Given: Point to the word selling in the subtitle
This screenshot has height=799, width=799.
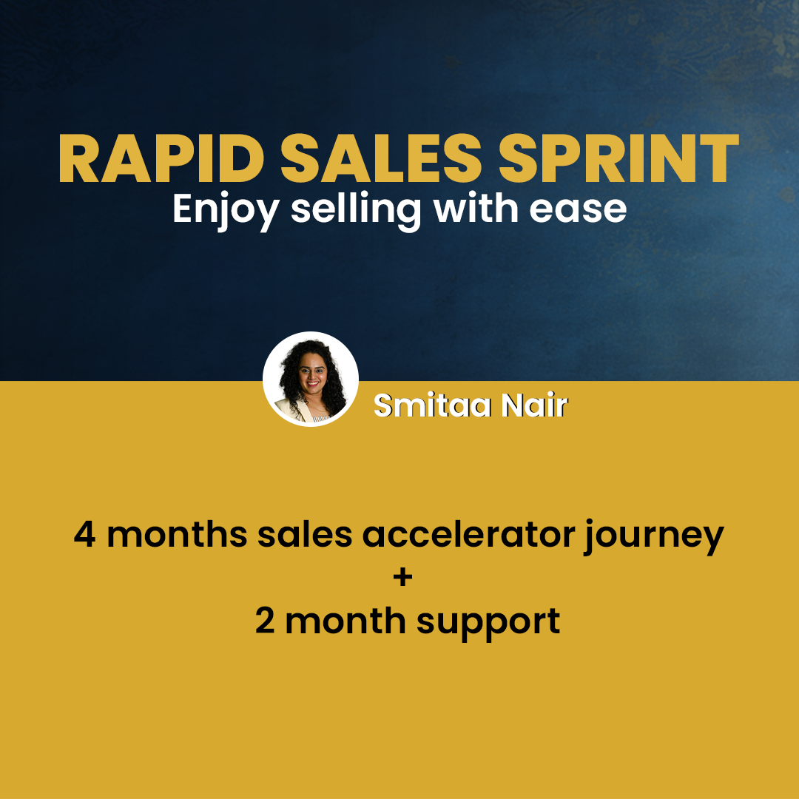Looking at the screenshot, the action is coord(356,209).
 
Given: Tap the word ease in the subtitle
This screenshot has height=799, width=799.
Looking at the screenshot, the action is coord(579,211).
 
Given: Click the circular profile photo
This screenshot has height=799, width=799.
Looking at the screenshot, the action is coord(310,379).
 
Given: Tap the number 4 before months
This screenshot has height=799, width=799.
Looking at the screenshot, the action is coord(84,535).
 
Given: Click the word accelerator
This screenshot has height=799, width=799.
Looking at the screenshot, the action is coord(468,534).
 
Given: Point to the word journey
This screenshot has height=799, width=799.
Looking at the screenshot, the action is coord(655,538).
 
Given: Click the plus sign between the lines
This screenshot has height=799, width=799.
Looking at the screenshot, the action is coord(402,577).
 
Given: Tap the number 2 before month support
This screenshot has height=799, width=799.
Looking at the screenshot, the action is coord(265,621).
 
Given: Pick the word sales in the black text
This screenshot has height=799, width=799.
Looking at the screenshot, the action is coord(305,534).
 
